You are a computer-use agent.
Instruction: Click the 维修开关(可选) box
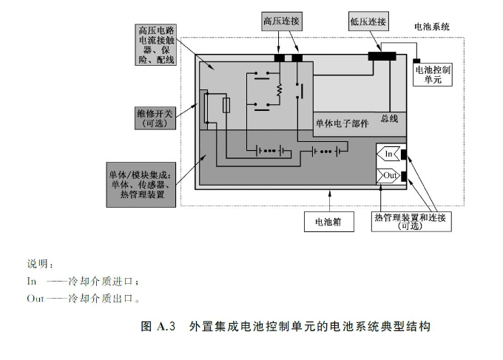coord(154,118)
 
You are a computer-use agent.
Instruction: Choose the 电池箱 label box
coord(328,220)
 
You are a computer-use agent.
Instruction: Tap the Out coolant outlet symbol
coord(389,175)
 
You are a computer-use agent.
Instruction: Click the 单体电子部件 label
coord(341,122)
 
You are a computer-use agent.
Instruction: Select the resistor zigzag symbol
coord(280,90)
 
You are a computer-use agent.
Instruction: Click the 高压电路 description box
coord(155,44)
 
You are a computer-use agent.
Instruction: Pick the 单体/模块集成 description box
coord(140,186)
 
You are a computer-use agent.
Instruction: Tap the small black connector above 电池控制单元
coord(417,60)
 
